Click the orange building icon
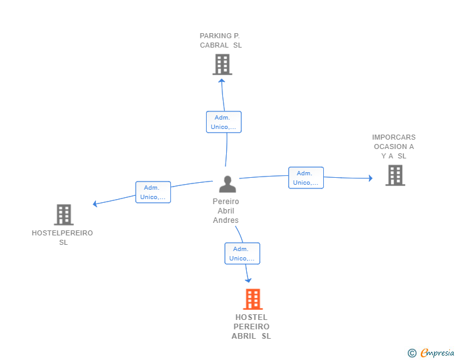252,299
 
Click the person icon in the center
227,184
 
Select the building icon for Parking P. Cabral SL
222,64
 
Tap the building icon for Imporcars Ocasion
395,175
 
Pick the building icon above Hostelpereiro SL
64,215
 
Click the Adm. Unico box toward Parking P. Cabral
224,122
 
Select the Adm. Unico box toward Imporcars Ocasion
306,178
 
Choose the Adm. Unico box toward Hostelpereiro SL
153,192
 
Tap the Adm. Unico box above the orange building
242,254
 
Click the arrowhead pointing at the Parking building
222,81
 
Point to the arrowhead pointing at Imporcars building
371,178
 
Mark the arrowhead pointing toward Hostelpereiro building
95,204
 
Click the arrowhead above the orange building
248,280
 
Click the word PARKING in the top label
215,36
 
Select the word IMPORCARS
394,137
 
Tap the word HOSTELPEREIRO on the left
62,233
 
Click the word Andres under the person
225,220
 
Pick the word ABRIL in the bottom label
244,336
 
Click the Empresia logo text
437,352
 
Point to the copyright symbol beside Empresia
412,353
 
